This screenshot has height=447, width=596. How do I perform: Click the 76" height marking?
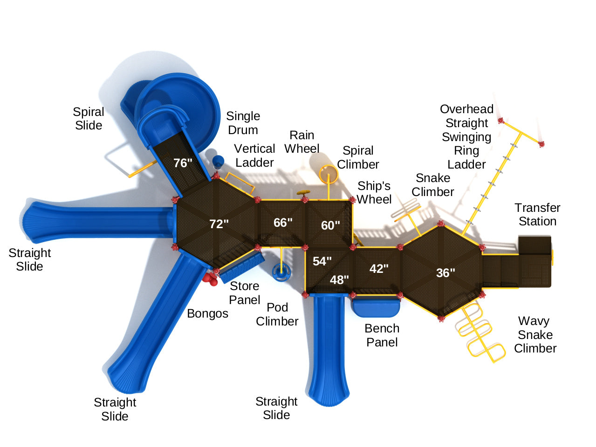coord(183,163)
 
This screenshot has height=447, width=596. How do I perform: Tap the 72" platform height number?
coord(219,224)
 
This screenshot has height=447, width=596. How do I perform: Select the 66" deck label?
coord(283,223)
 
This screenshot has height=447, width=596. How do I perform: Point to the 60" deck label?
coord(330,225)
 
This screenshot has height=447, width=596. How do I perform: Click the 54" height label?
coord(322,261)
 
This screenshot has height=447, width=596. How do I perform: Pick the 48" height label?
coord(339,280)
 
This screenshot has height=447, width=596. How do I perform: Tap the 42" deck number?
coord(379,269)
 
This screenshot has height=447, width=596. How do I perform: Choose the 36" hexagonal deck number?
coord(445,273)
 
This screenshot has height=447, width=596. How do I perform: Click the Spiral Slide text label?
coord(88,118)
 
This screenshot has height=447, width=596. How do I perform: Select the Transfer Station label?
coord(537,214)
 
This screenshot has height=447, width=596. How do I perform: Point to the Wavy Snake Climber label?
coord(535,334)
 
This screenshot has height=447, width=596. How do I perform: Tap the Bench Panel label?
coord(382,335)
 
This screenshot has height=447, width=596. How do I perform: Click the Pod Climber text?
coord(277,314)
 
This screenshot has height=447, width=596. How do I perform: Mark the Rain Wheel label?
coord(301,142)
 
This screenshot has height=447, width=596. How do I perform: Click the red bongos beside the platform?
coord(210,279)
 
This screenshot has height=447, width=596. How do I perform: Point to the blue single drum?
coord(218,161)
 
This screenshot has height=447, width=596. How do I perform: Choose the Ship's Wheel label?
coord(374,192)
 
